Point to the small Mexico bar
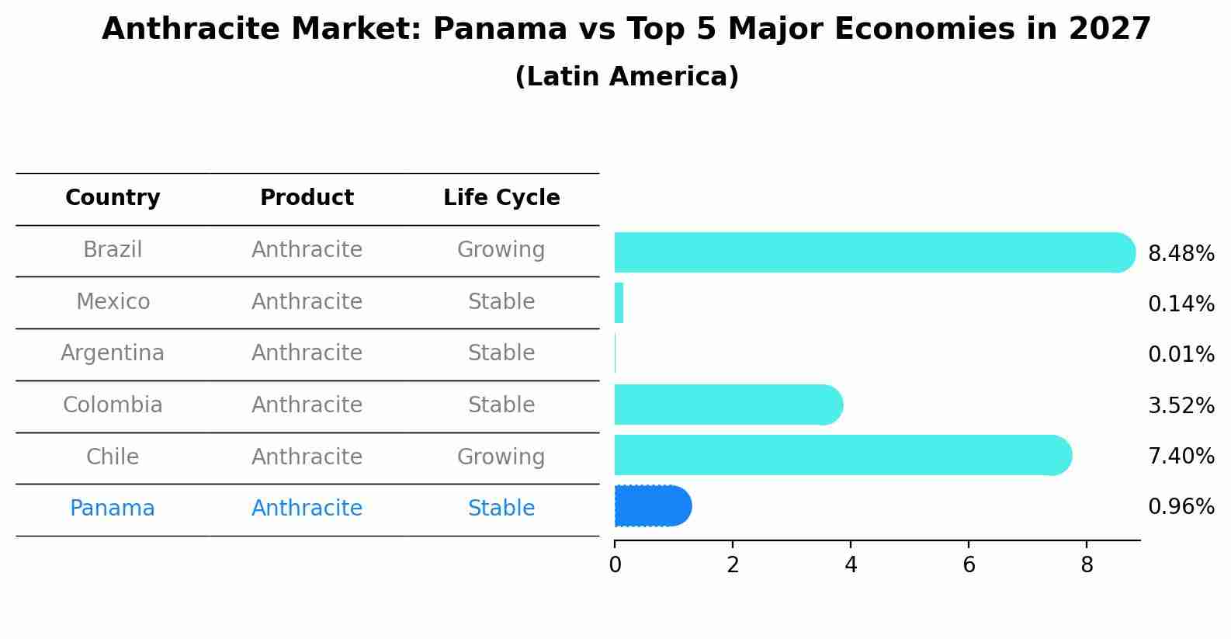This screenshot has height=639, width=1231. (619, 303)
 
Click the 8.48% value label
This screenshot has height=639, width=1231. (1181, 254)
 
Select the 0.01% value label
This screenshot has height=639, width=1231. (1181, 355)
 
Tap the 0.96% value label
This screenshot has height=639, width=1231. (1181, 507)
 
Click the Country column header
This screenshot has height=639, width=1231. (113, 198)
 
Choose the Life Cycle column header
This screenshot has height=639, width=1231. (501, 198)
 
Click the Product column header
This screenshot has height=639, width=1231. (307, 198)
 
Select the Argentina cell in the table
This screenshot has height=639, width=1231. (113, 353)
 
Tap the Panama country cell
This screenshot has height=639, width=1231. (113, 509)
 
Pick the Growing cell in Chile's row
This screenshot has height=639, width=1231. (501, 457)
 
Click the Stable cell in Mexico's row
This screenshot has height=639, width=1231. (501, 301)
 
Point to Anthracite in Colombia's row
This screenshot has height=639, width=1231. (307, 405)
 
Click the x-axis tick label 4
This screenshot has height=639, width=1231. (851, 565)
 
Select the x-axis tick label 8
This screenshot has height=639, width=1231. (1087, 565)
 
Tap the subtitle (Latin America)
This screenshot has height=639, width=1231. (626, 77)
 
